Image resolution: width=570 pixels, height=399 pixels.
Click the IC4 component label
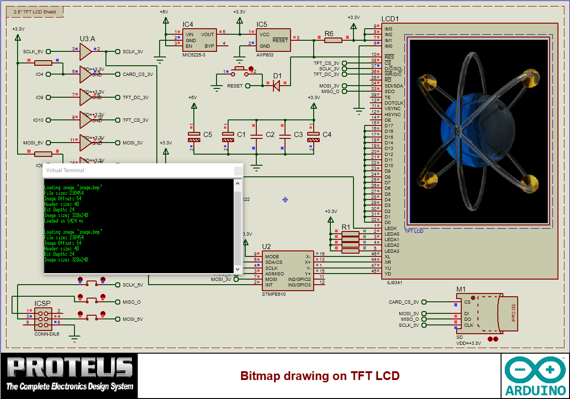(188, 24)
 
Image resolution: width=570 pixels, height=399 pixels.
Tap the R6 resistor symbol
(333, 40)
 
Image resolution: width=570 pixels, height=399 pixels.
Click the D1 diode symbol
(277, 85)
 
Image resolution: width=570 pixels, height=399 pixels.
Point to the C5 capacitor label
(208, 135)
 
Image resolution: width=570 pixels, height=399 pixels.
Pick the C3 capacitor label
(298, 135)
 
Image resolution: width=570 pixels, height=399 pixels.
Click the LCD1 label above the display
(390, 19)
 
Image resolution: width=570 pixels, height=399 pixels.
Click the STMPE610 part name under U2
(274, 294)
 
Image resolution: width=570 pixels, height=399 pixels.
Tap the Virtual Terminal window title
(65, 170)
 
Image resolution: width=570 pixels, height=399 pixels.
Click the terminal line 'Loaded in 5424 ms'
(64, 221)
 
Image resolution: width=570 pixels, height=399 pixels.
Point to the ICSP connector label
(43, 304)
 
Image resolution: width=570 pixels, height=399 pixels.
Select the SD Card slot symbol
(488, 313)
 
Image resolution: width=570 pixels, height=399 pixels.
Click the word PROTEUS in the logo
(69, 368)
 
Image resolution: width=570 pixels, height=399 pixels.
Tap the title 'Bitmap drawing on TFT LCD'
(320, 376)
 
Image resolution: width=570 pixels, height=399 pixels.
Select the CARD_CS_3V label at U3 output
(138, 75)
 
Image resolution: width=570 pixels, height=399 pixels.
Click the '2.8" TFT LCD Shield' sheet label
(35, 12)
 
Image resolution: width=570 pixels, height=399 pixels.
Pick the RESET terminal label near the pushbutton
(235, 86)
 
